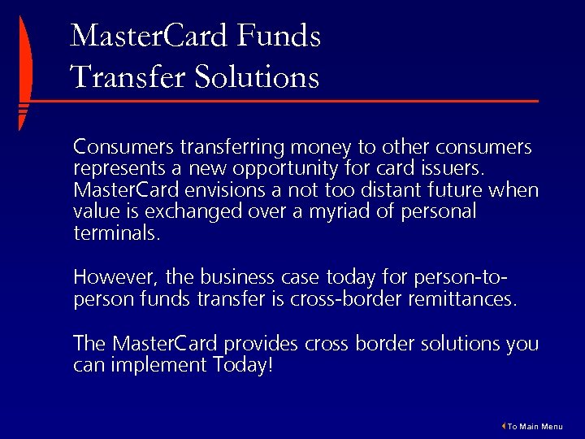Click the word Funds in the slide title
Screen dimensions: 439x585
pos(279,37)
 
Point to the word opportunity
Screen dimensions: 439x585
pos(274,170)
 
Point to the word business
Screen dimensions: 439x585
pos(236,277)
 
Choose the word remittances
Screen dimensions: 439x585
pos(460,298)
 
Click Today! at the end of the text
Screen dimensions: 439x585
pos(244,365)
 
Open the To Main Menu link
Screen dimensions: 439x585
pos(533,427)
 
